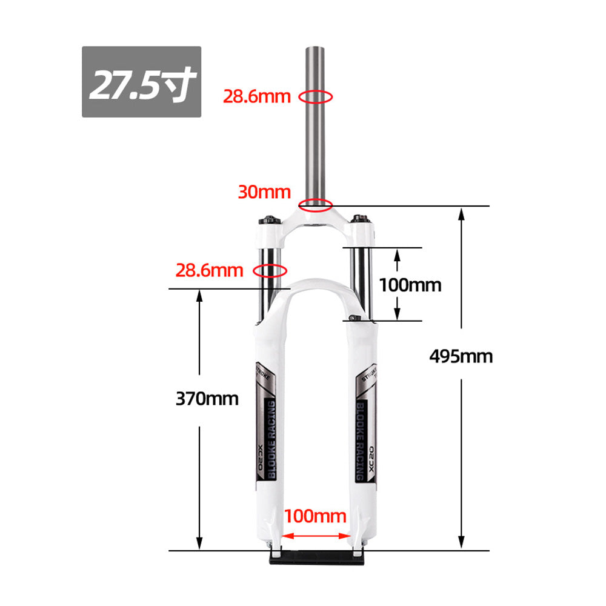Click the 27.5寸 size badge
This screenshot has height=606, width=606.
point(141,82)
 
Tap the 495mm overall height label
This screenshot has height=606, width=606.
point(461,356)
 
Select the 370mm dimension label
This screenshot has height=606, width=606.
point(207,399)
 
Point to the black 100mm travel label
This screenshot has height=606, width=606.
point(410,284)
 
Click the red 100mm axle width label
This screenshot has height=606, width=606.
point(316,516)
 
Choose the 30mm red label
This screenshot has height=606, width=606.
point(264,192)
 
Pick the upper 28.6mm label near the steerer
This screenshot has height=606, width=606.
point(256,96)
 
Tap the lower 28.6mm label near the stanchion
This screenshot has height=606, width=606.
point(209,270)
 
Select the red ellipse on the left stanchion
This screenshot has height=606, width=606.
point(270,270)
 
